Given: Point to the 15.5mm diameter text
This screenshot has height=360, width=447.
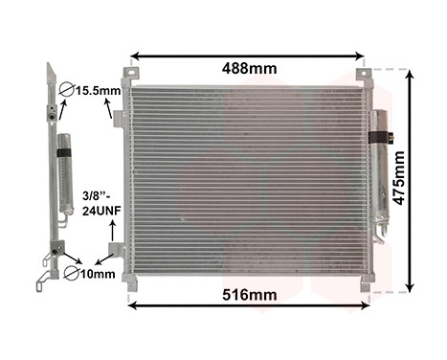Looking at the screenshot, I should pos(99,92).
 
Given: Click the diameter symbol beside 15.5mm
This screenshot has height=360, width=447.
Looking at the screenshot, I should pos(67,92).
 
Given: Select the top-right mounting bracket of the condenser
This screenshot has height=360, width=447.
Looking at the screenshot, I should pos(364,76).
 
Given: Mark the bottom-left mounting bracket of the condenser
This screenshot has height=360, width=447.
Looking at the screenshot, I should pos(129,282).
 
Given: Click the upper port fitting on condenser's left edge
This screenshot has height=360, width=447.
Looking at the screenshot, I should pos(119,119).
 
